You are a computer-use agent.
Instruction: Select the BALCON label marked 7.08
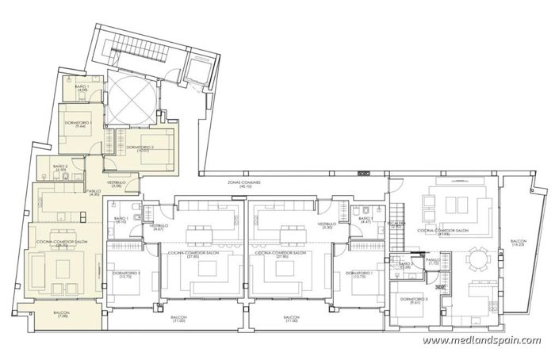(x=62, y=315)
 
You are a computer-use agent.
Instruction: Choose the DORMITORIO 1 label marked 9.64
(x=81, y=124)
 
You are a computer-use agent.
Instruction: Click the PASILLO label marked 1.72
(x=433, y=261)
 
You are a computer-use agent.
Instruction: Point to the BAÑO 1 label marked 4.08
(x=82, y=88)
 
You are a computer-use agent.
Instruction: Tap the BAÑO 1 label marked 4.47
(x=366, y=220)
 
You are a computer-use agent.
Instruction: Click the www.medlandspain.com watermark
(x=482, y=340)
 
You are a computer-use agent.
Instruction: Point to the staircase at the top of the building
(x=126, y=56)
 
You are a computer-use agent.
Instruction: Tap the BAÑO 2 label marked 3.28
(x=405, y=266)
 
